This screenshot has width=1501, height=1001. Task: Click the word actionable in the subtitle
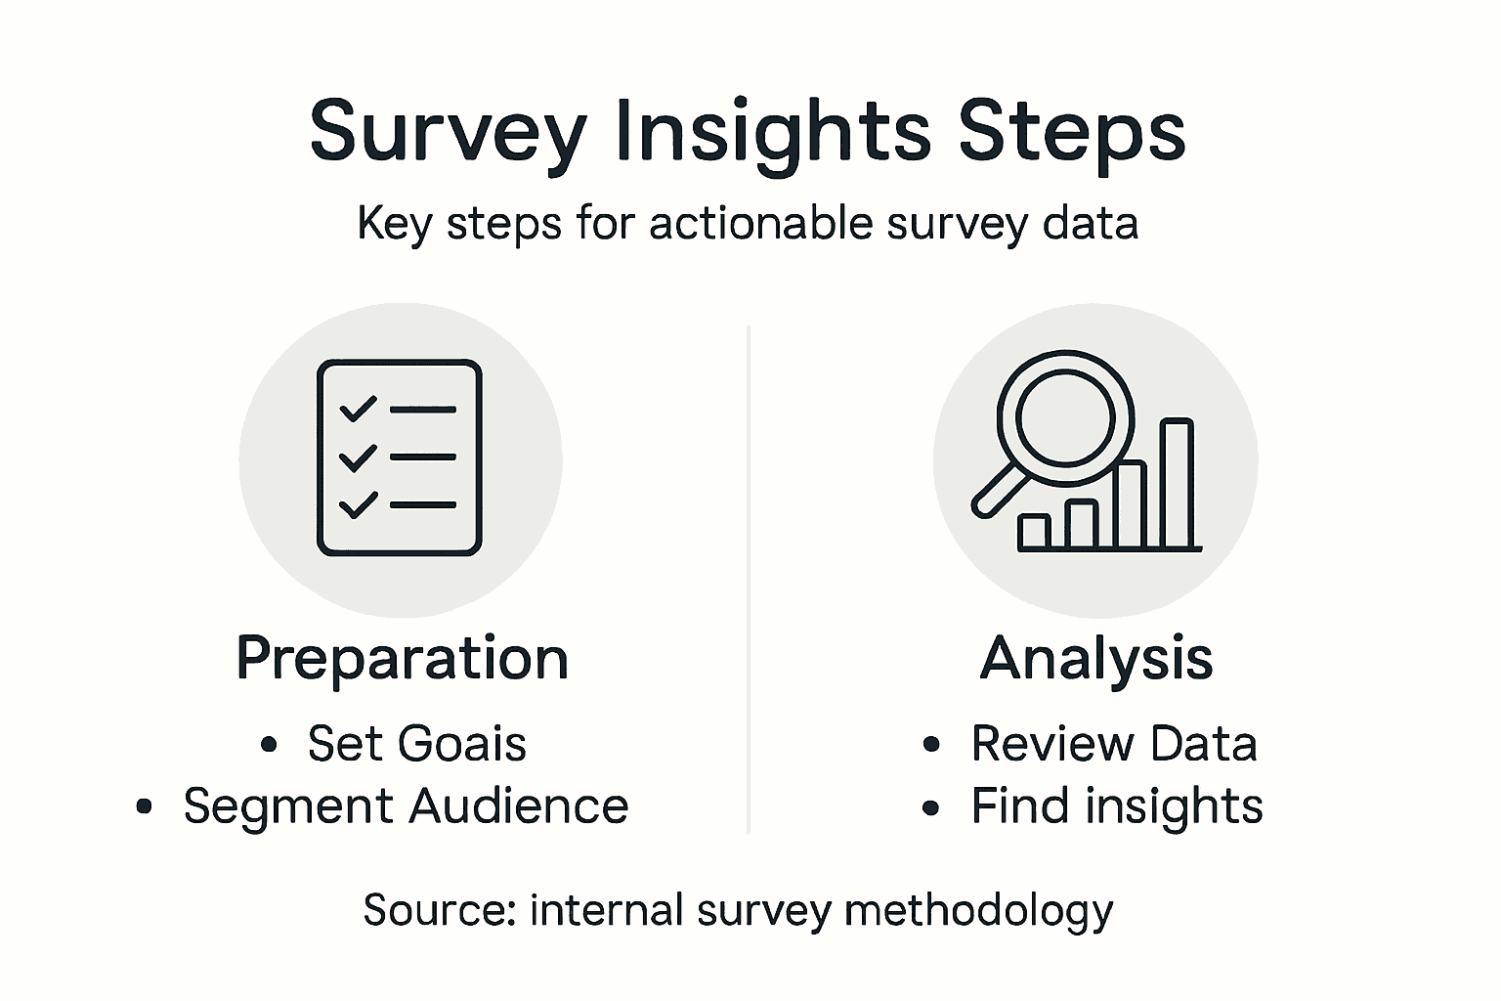point(760,223)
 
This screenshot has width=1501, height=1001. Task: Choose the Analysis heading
point(1096,658)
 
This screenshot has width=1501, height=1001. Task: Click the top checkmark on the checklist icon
point(358,409)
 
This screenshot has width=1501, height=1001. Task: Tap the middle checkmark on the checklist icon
point(358,457)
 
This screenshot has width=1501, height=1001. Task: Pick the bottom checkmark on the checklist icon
point(358,504)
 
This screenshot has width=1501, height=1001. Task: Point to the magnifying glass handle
point(999,491)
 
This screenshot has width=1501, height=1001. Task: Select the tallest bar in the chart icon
point(1177,483)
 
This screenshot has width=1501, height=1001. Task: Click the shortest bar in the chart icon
point(1034,533)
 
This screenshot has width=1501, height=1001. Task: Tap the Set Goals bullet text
point(417,744)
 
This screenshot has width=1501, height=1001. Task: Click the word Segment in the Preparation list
point(288,806)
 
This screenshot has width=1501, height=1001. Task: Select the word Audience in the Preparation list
point(519,805)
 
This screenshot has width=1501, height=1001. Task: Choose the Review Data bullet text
point(1114,744)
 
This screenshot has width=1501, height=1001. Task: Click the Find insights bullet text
point(1117,806)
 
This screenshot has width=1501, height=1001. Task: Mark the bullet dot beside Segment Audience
point(144,806)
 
